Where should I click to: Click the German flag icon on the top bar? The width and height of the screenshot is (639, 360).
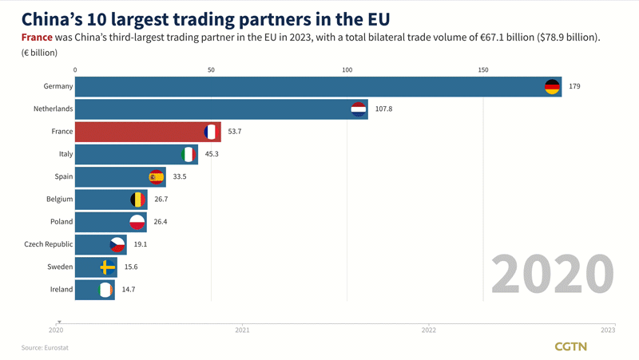[x=552, y=86]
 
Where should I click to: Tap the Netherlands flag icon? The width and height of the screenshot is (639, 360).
[x=359, y=109]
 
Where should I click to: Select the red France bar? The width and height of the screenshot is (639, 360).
[x=140, y=131]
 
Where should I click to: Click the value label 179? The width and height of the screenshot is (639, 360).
[x=574, y=86]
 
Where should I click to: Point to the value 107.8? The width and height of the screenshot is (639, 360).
[x=383, y=109]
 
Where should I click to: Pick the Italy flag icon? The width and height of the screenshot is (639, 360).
[x=189, y=154]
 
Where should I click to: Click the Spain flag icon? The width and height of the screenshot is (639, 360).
[x=156, y=176]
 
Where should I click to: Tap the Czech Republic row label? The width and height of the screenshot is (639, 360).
[x=49, y=244]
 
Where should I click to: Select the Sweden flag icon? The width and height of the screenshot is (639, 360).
[x=107, y=267]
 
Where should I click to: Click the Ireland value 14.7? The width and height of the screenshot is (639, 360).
[x=128, y=289]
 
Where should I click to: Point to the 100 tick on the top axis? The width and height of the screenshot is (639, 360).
[x=347, y=70]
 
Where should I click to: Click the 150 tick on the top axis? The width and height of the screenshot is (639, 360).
[x=482, y=70]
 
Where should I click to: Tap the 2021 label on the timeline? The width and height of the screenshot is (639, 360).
[x=242, y=330]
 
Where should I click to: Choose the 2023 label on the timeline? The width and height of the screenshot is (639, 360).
[x=608, y=330]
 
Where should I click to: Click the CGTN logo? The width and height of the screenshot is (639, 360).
[x=570, y=346]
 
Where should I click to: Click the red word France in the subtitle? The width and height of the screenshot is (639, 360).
[x=37, y=38]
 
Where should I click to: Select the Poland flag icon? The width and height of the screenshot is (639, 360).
[x=137, y=222]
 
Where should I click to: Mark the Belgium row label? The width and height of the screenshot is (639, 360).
[x=59, y=199]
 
